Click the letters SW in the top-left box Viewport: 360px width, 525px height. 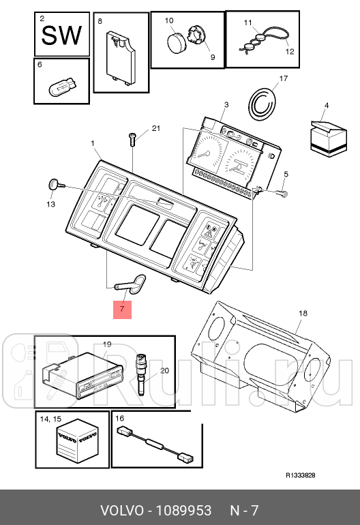tap(61, 35)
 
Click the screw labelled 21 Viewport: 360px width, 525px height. tap(133, 139)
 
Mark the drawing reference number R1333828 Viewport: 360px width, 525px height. tap(300, 476)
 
